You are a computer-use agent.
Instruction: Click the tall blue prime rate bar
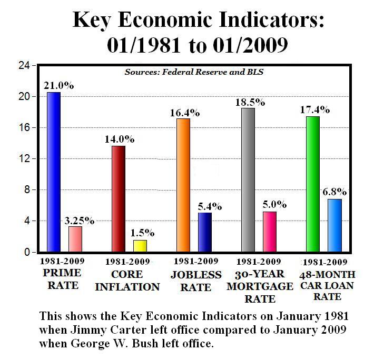tap(53, 172)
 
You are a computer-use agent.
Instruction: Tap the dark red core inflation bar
tap(119, 199)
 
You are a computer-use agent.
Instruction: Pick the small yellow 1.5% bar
tap(140, 246)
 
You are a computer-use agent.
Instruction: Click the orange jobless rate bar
tap(183, 185)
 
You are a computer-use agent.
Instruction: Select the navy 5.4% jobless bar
tap(205, 232)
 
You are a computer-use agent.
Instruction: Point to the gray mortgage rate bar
tap(248, 180)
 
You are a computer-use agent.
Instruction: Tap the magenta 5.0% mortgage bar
tap(270, 232)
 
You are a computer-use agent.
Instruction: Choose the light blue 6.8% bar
tap(334, 225)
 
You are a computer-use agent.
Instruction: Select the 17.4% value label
tap(316, 109)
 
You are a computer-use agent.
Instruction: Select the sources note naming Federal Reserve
tap(193, 72)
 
